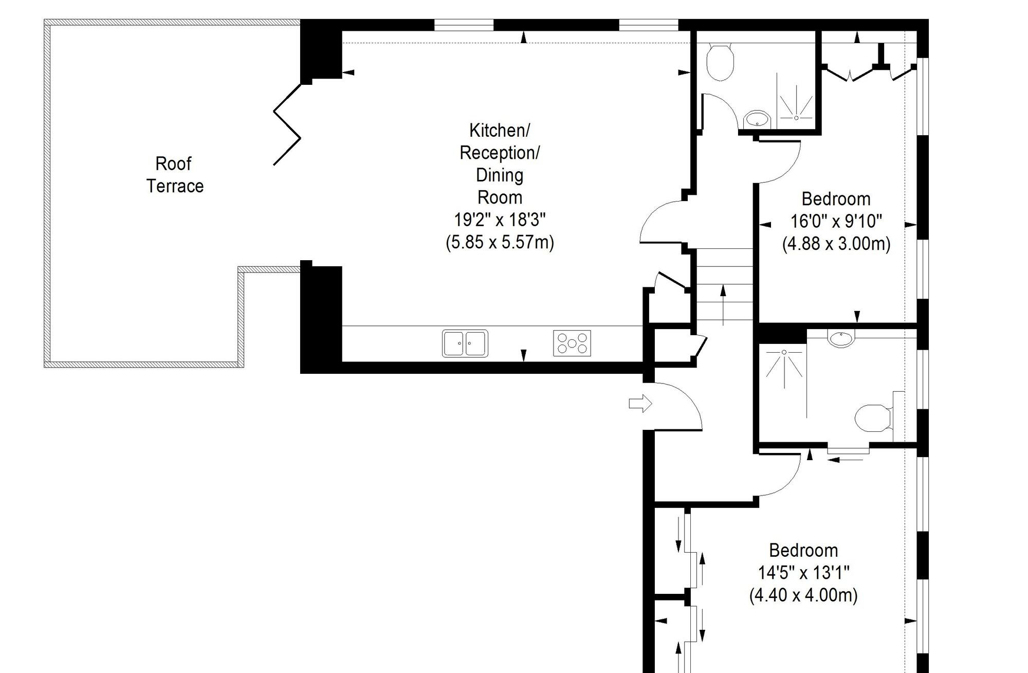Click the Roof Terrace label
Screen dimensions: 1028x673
pos(175,175)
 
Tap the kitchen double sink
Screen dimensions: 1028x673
pos(465,343)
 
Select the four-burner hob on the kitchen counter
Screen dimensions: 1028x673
pos(572,343)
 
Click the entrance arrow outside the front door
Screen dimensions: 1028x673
pos(640,404)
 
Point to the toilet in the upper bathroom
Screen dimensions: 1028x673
pos(720,62)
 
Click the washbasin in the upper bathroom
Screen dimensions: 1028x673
pos(757,119)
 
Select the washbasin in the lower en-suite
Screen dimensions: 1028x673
pos(841,338)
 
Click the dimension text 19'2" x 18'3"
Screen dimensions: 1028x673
pos(499,220)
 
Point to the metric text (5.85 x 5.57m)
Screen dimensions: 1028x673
pos(500,242)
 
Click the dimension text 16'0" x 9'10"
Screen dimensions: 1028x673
pos(836,221)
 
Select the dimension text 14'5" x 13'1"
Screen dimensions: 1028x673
pos(803,572)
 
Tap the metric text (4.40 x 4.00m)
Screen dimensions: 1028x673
pos(803,595)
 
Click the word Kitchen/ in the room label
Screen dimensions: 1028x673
pos(499,131)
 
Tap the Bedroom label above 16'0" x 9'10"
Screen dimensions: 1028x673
pos(836,199)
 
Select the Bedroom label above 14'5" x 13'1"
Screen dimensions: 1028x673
pos(803,550)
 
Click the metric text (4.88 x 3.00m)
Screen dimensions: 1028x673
pos(836,243)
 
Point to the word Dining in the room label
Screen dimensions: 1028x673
pos(500,175)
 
